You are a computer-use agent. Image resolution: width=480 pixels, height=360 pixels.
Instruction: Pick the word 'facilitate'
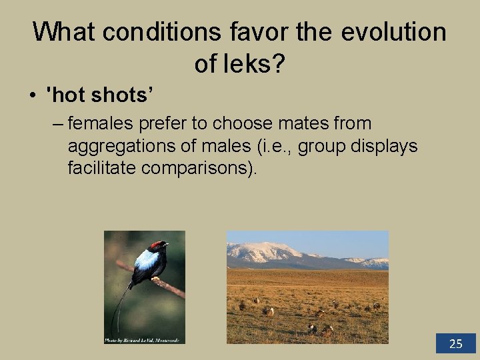[102, 169]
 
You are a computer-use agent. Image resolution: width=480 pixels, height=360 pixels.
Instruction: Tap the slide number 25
[456, 344]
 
